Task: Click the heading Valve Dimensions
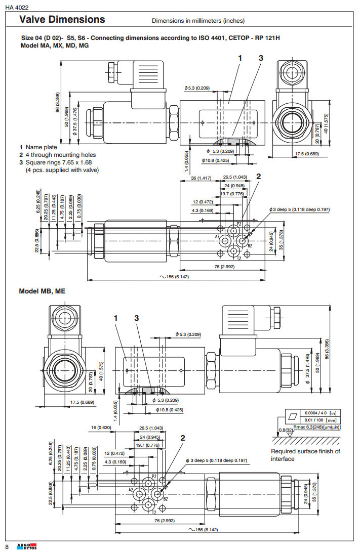62,20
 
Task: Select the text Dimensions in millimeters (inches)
198,21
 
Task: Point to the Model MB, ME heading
42,291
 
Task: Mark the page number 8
7,546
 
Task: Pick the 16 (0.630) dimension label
101,428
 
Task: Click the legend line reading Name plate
41,147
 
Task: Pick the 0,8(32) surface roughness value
286,430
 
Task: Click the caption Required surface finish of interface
305,455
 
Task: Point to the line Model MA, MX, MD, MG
55,45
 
